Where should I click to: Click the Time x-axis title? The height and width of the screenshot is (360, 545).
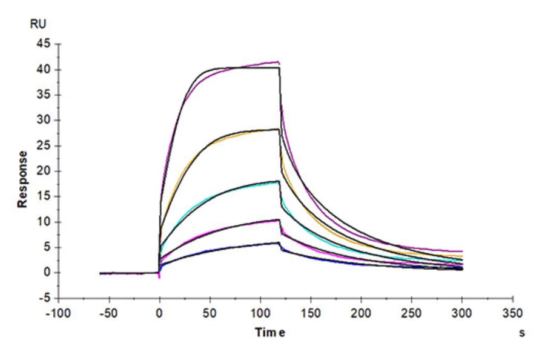pyautogui.click(x=269, y=332)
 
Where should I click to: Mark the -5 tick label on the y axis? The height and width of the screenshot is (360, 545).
pyautogui.click(x=44, y=298)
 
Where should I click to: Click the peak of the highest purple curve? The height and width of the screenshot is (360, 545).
pyautogui.click(x=278, y=61)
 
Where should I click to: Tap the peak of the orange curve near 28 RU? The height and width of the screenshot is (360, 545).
pyautogui.click(x=278, y=129)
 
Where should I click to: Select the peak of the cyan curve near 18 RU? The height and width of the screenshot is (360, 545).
pyautogui.click(x=278, y=181)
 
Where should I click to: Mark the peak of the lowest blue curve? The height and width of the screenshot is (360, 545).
pyautogui.click(x=278, y=243)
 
